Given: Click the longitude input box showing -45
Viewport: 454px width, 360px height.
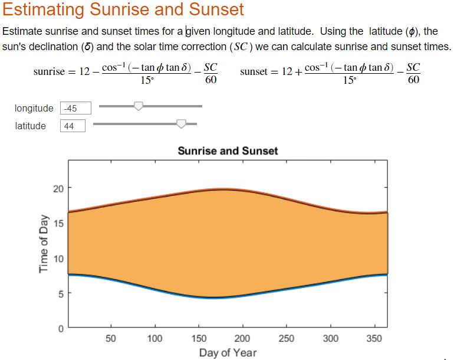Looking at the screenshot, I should click(x=76, y=108).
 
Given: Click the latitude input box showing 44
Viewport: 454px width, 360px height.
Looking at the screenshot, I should click(x=72, y=126).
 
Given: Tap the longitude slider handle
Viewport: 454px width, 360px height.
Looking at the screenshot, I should click(x=139, y=106).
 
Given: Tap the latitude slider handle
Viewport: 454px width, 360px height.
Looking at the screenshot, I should click(x=182, y=123).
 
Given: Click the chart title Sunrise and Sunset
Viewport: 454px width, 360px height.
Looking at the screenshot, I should click(x=228, y=151).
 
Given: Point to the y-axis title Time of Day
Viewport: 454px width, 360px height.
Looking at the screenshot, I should click(x=43, y=243).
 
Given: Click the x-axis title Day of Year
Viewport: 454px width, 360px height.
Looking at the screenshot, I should click(x=228, y=352).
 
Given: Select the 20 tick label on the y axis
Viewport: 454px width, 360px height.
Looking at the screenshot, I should click(x=57, y=189).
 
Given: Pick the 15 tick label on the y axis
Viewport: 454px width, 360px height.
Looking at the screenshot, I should click(x=57, y=224).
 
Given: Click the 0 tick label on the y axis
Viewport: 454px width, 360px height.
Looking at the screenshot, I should click(x=60, y=328).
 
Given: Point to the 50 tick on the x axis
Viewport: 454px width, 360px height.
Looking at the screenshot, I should click(x=110, y=339).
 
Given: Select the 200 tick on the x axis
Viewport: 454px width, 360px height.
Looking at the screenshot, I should click(x=242, y=339).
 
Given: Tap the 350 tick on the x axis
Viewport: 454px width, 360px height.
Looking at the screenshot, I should click(x=374, y=339).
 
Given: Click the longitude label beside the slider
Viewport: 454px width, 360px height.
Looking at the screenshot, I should click(x=34, y=109).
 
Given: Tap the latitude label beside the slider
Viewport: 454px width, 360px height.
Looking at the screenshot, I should click(x=31, y=126).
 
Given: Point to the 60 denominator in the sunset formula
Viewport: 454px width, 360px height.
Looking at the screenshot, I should click(x=413, y=80).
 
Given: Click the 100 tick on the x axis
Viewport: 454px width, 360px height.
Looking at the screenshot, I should click(x=154, y=339).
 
